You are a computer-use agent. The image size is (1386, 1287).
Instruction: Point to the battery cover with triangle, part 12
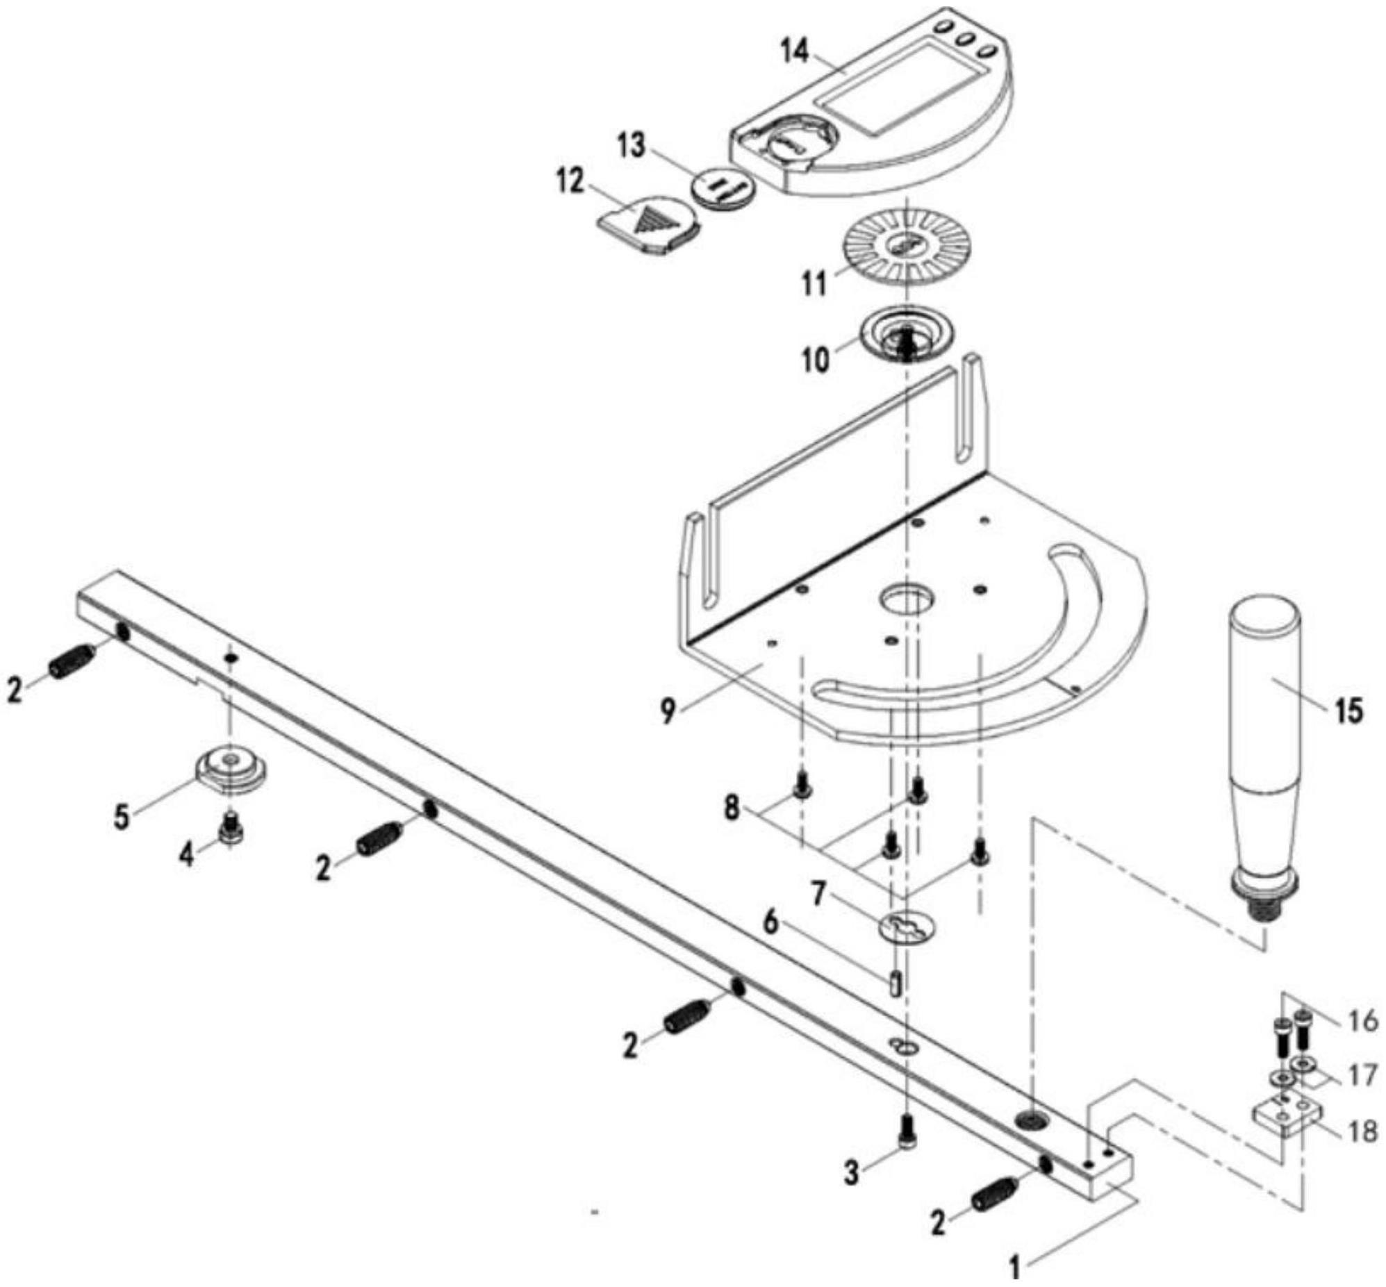click(x=649, y=225)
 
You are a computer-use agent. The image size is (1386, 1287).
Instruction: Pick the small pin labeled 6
click(x=896, y=983)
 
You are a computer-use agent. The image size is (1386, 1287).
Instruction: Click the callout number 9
click(x=668, y=711)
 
